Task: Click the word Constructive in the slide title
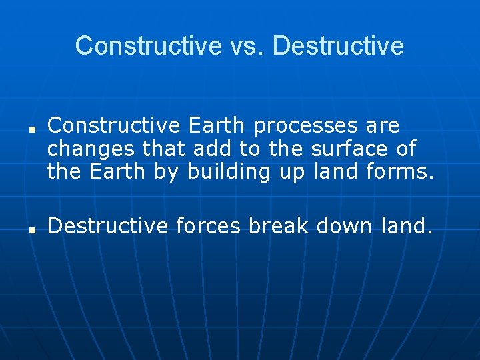point(148,46)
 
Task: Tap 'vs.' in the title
point(247,46)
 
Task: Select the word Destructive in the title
point(338,46)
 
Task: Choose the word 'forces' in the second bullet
point(208,227)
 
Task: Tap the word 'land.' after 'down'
point(406,227)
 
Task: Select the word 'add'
point(206,149)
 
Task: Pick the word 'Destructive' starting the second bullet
point(108,227)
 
